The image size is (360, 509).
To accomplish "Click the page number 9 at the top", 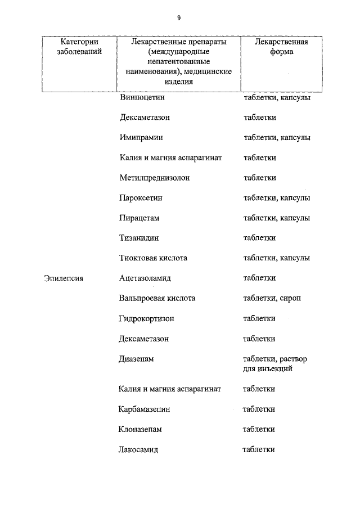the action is tap(179, 18).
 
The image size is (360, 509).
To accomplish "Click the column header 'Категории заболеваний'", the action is tap(79, 46).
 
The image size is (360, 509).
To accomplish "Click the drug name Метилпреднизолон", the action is tap(155, 178).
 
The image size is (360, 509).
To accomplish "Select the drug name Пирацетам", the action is tap(139, 218).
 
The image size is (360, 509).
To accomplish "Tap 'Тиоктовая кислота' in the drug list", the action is tap(153, 258).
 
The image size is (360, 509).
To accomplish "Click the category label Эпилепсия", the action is tap(64, 278).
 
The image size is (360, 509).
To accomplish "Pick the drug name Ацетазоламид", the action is tap(145, 278).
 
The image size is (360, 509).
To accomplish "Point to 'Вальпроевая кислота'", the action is tap(157, 298).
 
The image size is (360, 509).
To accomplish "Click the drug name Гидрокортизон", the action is tap(147, 318).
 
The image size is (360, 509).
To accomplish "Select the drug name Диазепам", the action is tap(136, 358).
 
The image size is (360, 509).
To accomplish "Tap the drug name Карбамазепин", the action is tap(145, 409).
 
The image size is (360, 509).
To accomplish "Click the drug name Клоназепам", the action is tap(141, 429).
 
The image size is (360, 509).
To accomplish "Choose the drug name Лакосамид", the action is tap(139, 449).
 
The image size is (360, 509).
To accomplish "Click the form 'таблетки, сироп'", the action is tap(272, 298).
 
